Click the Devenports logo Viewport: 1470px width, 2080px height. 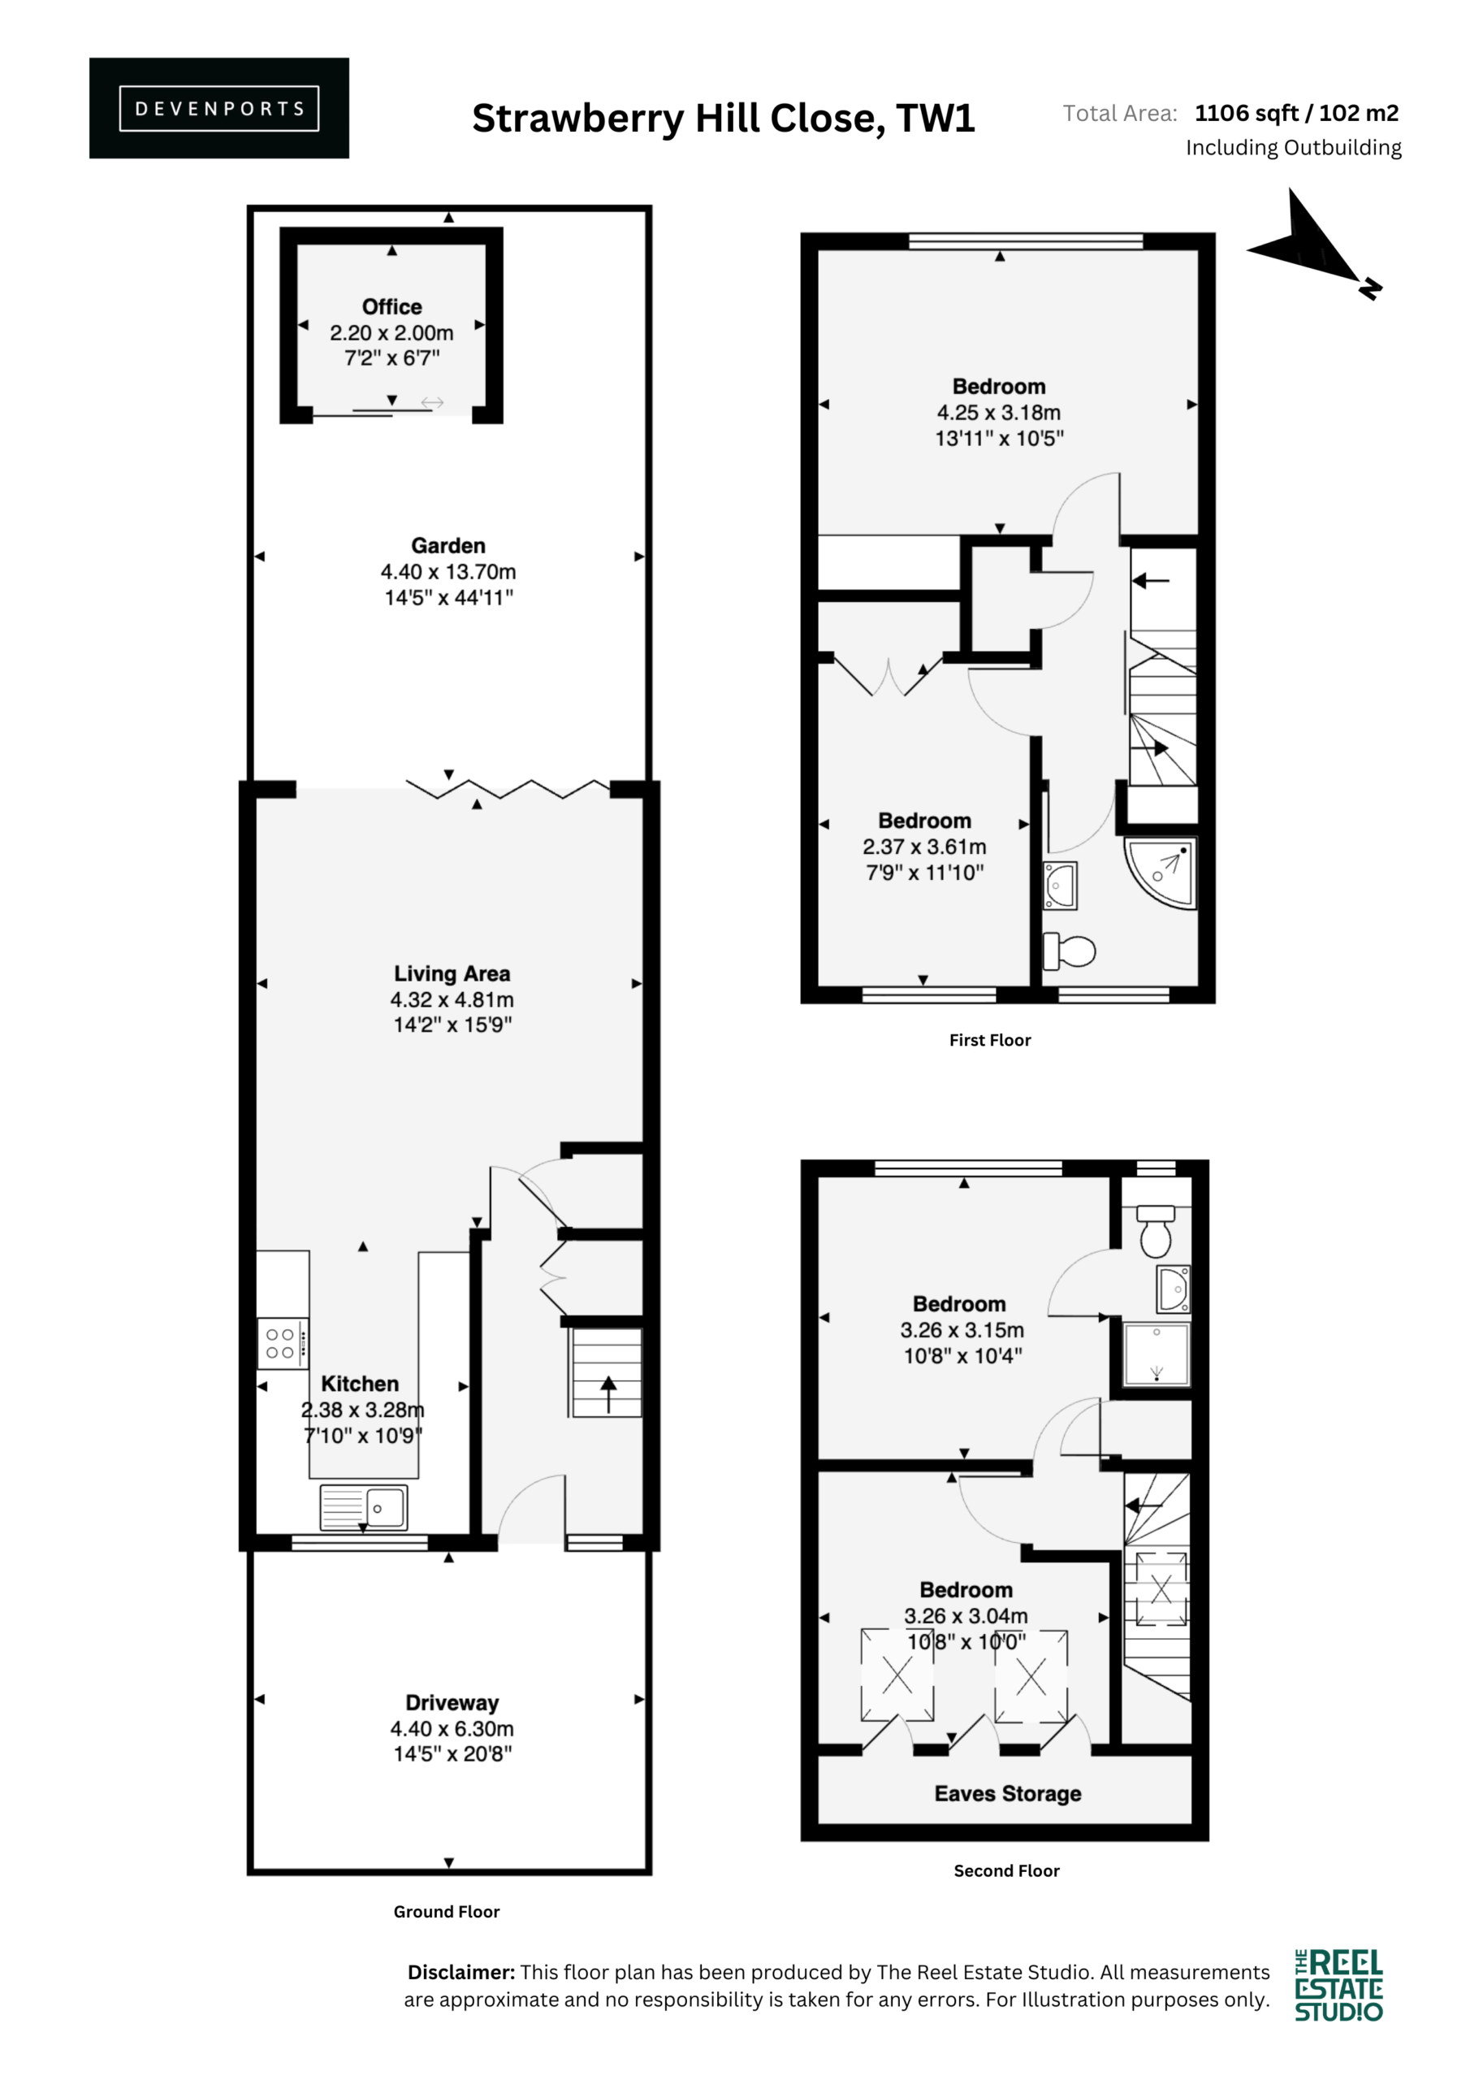[x=219, y=109]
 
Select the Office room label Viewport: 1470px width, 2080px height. [x=392, y=307]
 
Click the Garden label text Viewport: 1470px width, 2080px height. [x=448, y=546]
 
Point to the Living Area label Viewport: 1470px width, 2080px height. [x=452, y=974]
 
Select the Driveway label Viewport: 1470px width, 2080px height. [x=452, y=1703]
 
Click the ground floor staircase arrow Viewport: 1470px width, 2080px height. [x=608, y=1394]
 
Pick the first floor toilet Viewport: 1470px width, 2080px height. [x=1070, y=951]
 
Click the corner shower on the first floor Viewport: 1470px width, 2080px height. [x=1161, y=873]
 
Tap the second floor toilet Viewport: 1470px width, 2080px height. [x=1156, y=1231]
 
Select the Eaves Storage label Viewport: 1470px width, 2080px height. [x=1008, y=1794]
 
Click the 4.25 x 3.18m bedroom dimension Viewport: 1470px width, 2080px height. [x=999, y=413]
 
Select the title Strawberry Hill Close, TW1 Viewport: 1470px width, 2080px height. [x=724, y=119]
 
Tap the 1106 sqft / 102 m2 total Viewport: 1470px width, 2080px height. [x=1297, y=113]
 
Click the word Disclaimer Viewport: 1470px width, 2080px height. [x=461, y=1972]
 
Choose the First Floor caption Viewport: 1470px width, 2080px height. [x=990, y=1040]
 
